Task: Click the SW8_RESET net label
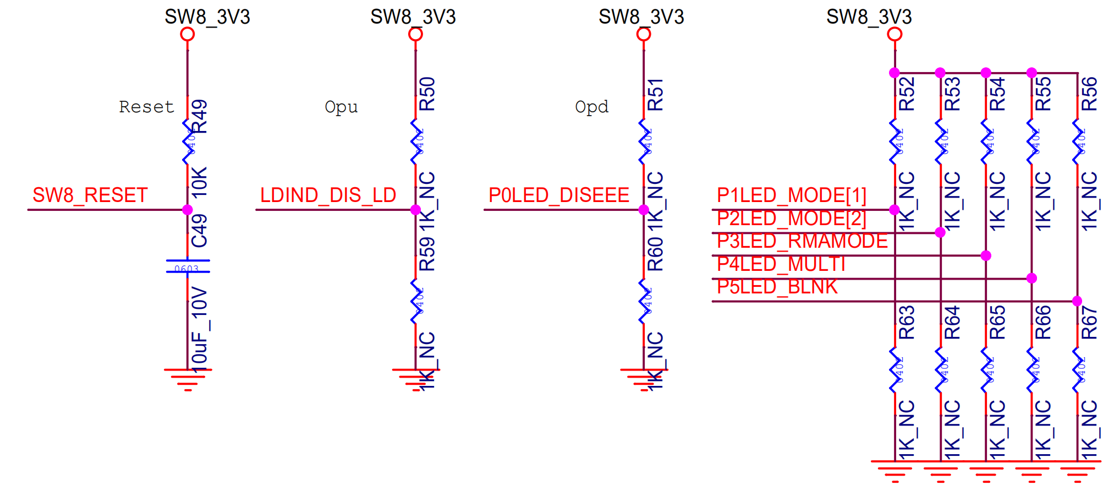click(90, 195)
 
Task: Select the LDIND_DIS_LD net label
click(328, 195)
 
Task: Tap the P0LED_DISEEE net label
click(558, 195)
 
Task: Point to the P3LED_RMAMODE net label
click(802, 241)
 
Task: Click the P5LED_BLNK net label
click(777, 287)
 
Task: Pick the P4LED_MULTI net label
click(781, 264)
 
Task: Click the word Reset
click(146, 107)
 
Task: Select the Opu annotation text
click(341, 107)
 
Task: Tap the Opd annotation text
click(591, 107)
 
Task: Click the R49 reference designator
click(199, 116)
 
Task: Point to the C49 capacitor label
click(199, 231)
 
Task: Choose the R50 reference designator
click(427, 94)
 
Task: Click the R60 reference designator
click(655, 254)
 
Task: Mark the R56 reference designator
click(1089, 94)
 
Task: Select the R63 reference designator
click(907, 323)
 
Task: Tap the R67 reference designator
click(1089, 323)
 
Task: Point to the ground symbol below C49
click(188, 378)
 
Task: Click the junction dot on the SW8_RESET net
click(188, 210)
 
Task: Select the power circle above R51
click(644, 34)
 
